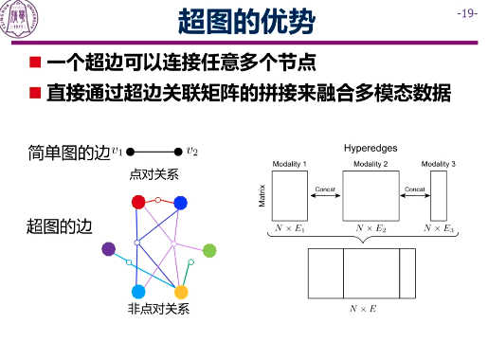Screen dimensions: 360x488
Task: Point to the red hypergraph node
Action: [138, 201]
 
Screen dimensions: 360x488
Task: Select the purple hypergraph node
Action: [109, 249]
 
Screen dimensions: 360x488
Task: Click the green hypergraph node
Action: [209, 250]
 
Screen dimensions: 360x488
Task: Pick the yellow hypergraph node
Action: [180, 292]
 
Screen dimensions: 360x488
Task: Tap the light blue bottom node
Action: [138, 292]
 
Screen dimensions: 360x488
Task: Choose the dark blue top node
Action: [180, 201]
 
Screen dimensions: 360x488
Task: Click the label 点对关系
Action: [153, 174]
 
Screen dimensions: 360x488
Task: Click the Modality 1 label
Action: [289, 165]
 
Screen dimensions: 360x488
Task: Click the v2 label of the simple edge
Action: [192, 150]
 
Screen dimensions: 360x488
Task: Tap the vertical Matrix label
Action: [262, 195]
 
